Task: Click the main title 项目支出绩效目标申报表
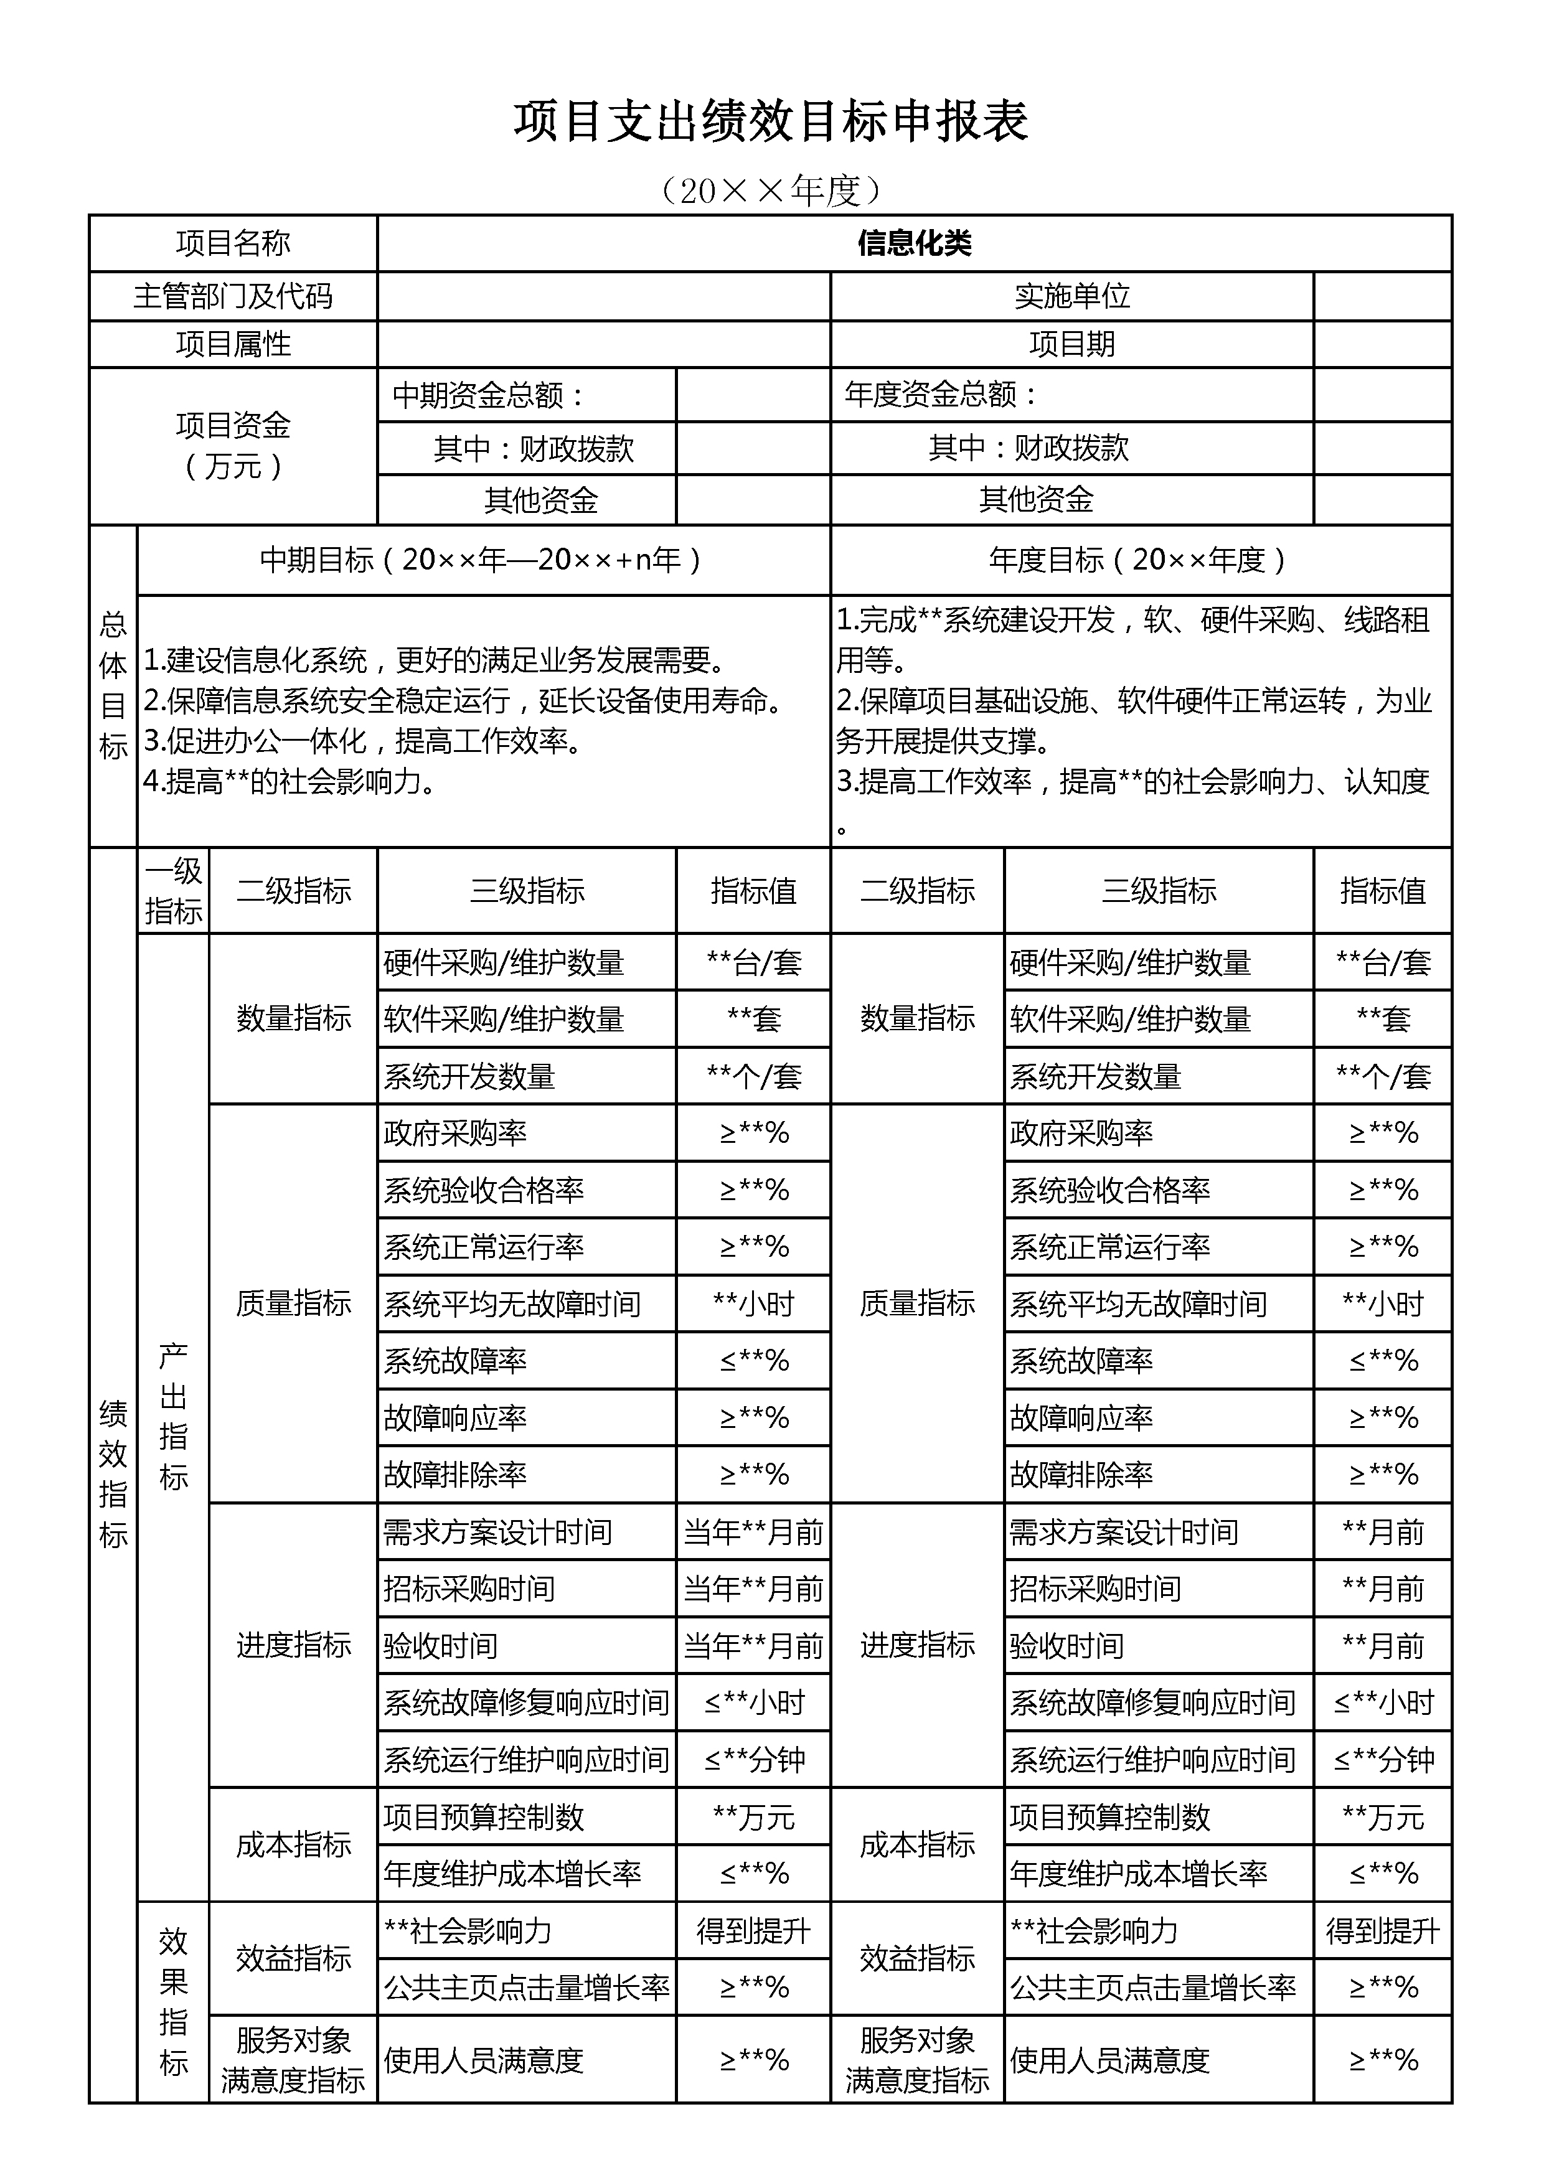click(771, 122)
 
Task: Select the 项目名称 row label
click(233, 243)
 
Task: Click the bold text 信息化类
click(914, 243)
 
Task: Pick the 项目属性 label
click(233, 344)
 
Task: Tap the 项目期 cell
click(1071, 344)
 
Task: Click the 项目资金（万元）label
click(233, 445)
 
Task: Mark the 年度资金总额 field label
click(941, 395)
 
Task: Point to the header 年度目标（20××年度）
click(1139, 560)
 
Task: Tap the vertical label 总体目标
click(113, 685)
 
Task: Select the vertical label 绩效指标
click(113, 1474)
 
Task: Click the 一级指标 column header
click(173, 891)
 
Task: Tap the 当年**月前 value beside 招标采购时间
click(753, 1589)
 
